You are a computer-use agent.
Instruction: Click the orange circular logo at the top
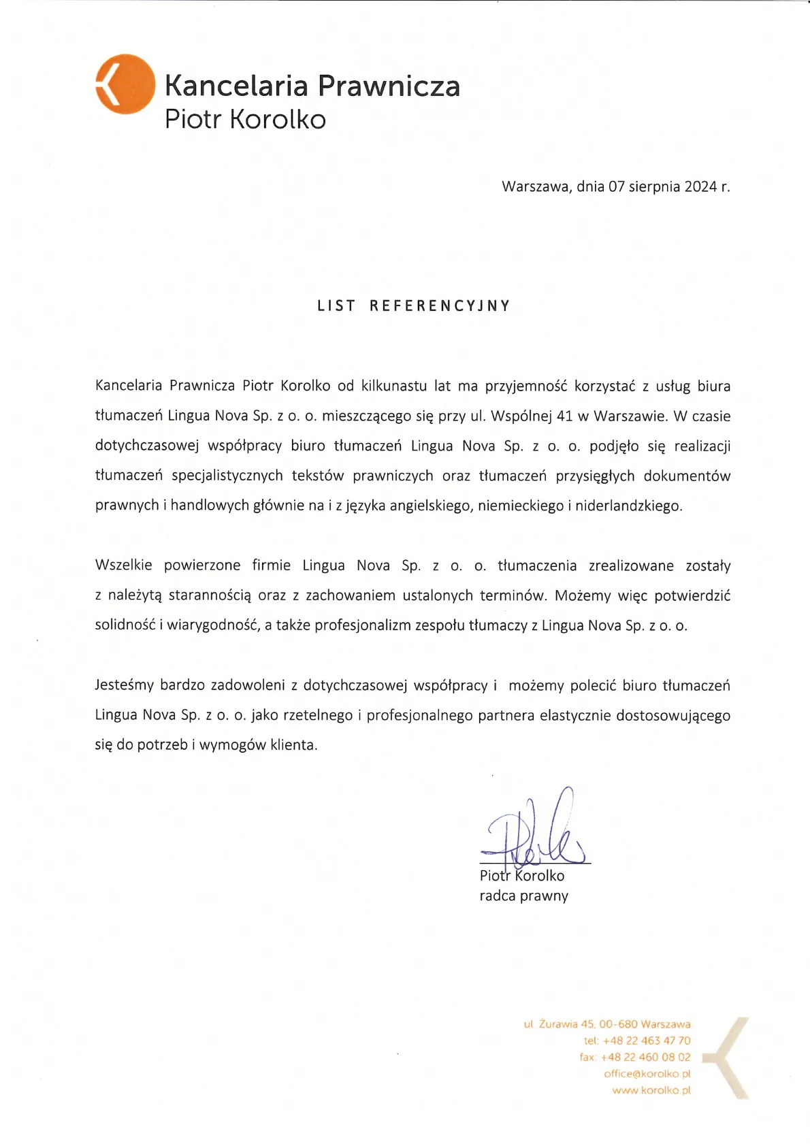tap(125, 84)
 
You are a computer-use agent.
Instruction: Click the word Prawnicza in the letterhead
tap(389, 86)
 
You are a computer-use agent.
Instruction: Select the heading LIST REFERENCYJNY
tap(413, 306)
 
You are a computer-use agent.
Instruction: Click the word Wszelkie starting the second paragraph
tap(124, 566)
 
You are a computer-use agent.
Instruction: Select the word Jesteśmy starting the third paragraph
tap(125, 685)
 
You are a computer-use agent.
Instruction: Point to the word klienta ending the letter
tap(293, 745)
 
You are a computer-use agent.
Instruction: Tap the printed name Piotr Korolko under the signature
tap(522, 876)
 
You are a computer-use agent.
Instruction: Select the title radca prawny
tap(523, 896)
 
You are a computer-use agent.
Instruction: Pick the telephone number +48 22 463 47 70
tap(646, 1041)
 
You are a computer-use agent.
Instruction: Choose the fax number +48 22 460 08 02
tap(645, 1057)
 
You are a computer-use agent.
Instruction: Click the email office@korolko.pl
tap(647, 1073)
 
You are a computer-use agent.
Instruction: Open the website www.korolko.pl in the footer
tap(651, 1090)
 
